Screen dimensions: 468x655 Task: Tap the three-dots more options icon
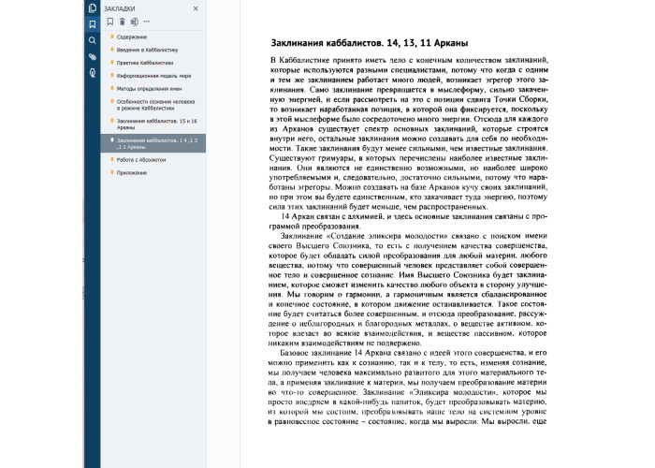pyautogui.click(x=147, y=21)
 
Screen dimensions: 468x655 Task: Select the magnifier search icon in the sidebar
pyautogui.click(x=92, y=41)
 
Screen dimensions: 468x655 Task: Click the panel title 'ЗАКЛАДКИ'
pyautogui.click(x=120, y=7)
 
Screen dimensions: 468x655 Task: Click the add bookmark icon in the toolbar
pyautogui.click(x=109, y=21)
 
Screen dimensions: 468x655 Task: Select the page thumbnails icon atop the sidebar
pyautogui.click(x=92, y=8)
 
